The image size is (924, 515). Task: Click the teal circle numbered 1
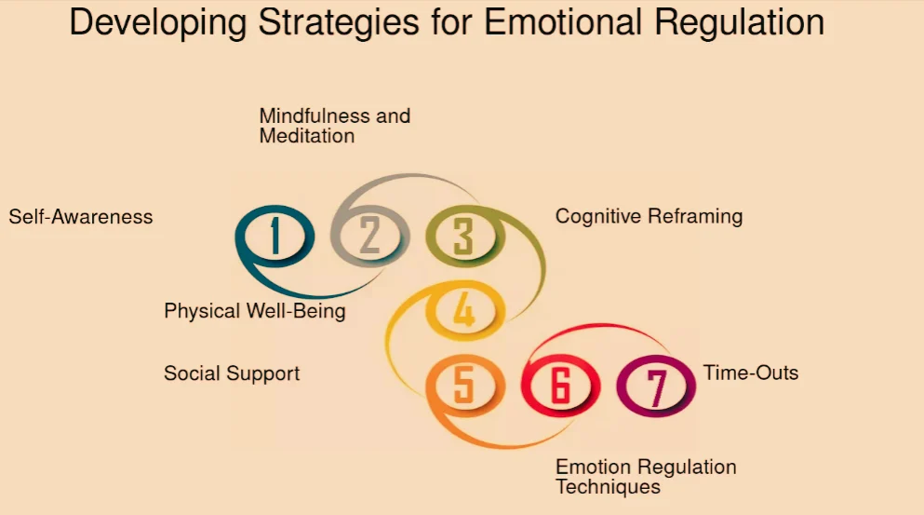[x=275, y=236]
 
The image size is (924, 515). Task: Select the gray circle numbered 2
[x=369, y=236]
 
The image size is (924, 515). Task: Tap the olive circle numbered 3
[x=463, y=236]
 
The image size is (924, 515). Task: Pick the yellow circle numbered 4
[x=463, y=311]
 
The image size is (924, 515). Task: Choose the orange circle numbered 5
[x=463, y=386]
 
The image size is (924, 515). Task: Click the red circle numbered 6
[x=559, y=386]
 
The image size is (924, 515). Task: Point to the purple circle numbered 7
[x=656, y=386]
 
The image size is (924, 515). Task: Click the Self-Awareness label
[x=81, y=217]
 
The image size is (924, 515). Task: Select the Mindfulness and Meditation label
[x=334, y=126]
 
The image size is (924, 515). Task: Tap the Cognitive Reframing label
[x=649, y=216]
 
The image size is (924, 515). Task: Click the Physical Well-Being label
[x=254, y=311]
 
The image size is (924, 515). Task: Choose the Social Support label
[x=232, y=373]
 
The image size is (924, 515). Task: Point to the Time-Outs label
[x=751, y=373]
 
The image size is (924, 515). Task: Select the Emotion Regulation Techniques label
[x=645, y=477]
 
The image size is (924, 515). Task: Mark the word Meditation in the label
[x=306, y=136]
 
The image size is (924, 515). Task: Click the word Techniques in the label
[x=608, y=487]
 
